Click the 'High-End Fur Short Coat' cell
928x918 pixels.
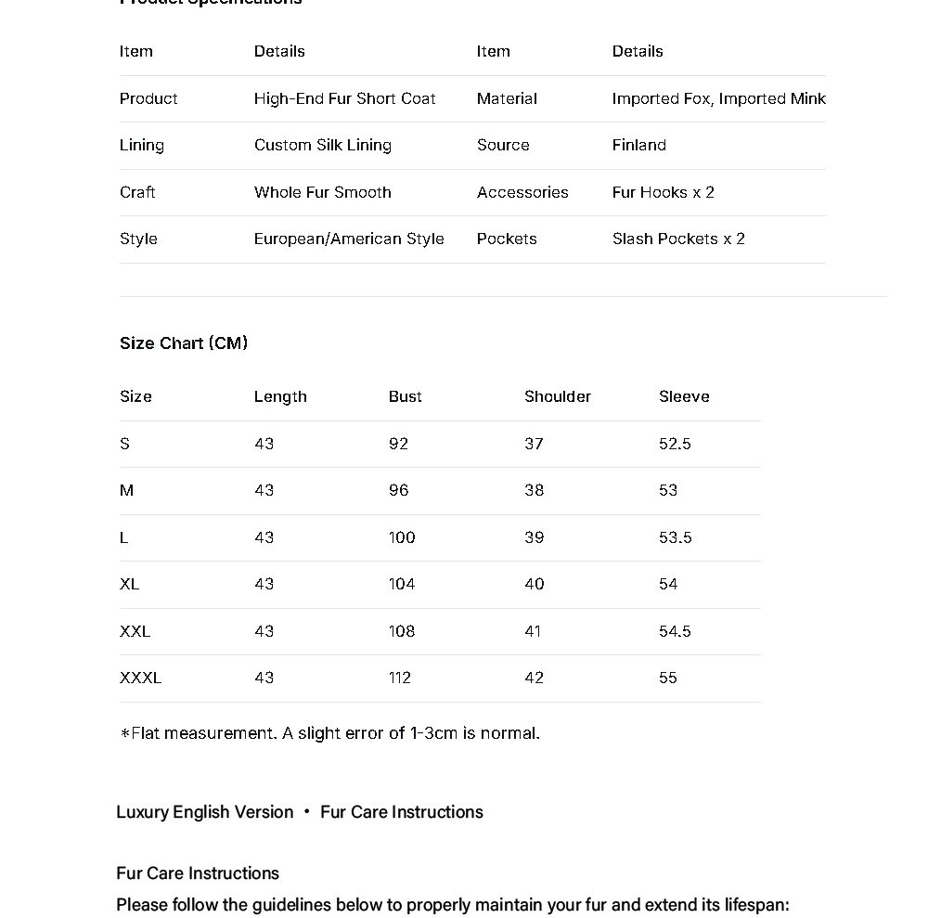[x=344, y=98]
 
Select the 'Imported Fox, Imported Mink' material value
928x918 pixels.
[x=718, y=98]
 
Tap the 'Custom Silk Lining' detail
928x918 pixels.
[x=323, y=145]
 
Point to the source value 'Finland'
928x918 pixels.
[x=638, y=145]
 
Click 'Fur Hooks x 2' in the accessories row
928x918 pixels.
[x=663, y=192]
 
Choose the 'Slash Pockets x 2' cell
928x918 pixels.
[x=678, y=239]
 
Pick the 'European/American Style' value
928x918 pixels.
[x=349, y=239]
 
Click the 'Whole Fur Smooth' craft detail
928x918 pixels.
[x=323, y=192]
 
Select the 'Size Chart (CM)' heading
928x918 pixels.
[x=184, y=343]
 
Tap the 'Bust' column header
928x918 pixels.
[x=405, y=396]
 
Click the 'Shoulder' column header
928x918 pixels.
[x=557, y=396]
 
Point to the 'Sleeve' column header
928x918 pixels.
[x=684, y=396]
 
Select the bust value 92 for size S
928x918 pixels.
[x=398, y=444]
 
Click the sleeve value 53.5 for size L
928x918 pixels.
[x=675, y=537]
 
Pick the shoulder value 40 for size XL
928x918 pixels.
[x=534, y=584]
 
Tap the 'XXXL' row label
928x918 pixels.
[x=140, y=678]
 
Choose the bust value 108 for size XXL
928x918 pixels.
[x=402, y=631]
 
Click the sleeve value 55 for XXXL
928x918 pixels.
[x=668, y=678]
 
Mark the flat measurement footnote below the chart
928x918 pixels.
[x=329, y=733]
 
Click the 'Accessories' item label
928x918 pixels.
[x=522, y=192]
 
